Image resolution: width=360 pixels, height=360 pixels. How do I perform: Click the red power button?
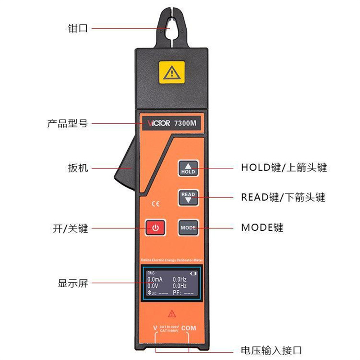coord(155,228)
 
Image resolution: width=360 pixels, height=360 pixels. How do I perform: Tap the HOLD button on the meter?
coord(188,168)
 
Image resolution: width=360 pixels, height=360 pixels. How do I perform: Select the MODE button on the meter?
coord(188,228)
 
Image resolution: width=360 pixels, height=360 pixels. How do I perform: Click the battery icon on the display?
coord(193,273)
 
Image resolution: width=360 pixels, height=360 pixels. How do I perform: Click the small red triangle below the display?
coord(171,313)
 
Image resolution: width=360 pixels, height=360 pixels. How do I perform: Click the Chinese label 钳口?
coord(77,28)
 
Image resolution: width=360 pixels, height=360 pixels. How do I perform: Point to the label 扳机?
coord(77,168)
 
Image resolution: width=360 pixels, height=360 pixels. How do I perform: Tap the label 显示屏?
coord(73,283)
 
